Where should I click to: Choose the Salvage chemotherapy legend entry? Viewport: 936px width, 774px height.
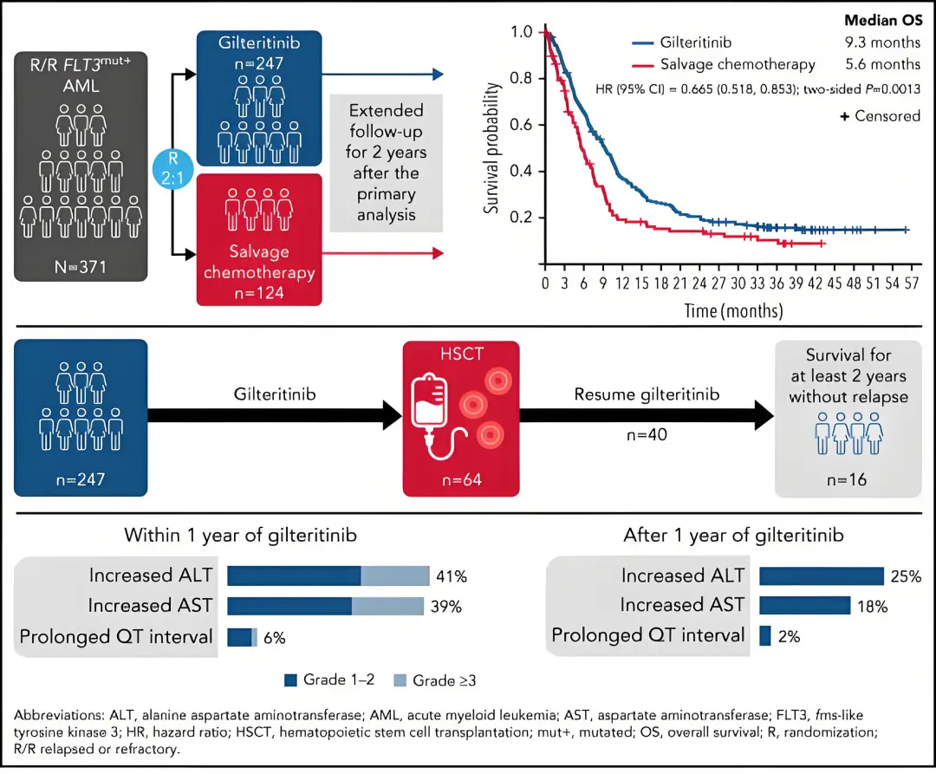737,64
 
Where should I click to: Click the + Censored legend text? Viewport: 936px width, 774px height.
879,115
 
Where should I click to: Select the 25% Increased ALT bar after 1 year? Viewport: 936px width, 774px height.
821,576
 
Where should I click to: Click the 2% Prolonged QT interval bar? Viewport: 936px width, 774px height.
764,636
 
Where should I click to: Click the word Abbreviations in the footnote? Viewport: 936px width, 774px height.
56,716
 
